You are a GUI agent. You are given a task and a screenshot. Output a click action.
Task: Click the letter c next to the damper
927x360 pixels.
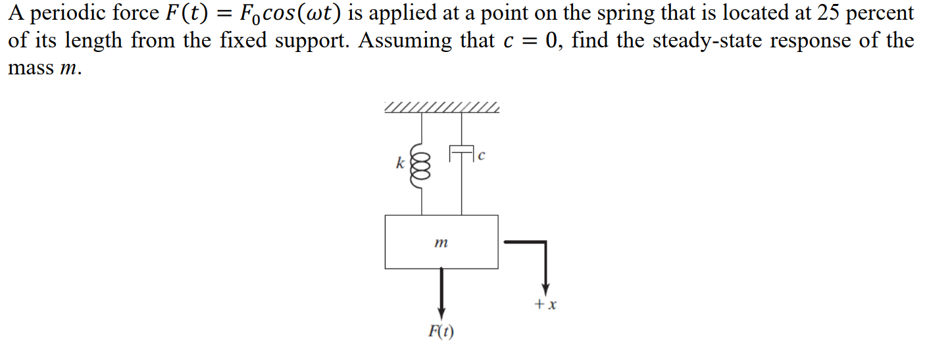482,156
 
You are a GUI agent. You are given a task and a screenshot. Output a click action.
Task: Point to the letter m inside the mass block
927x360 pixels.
441,244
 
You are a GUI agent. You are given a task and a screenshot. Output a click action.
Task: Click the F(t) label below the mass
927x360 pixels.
441,332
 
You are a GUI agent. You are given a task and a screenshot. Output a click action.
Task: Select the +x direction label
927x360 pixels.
546,305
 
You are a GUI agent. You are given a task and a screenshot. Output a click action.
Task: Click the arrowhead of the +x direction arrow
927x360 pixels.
545,290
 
